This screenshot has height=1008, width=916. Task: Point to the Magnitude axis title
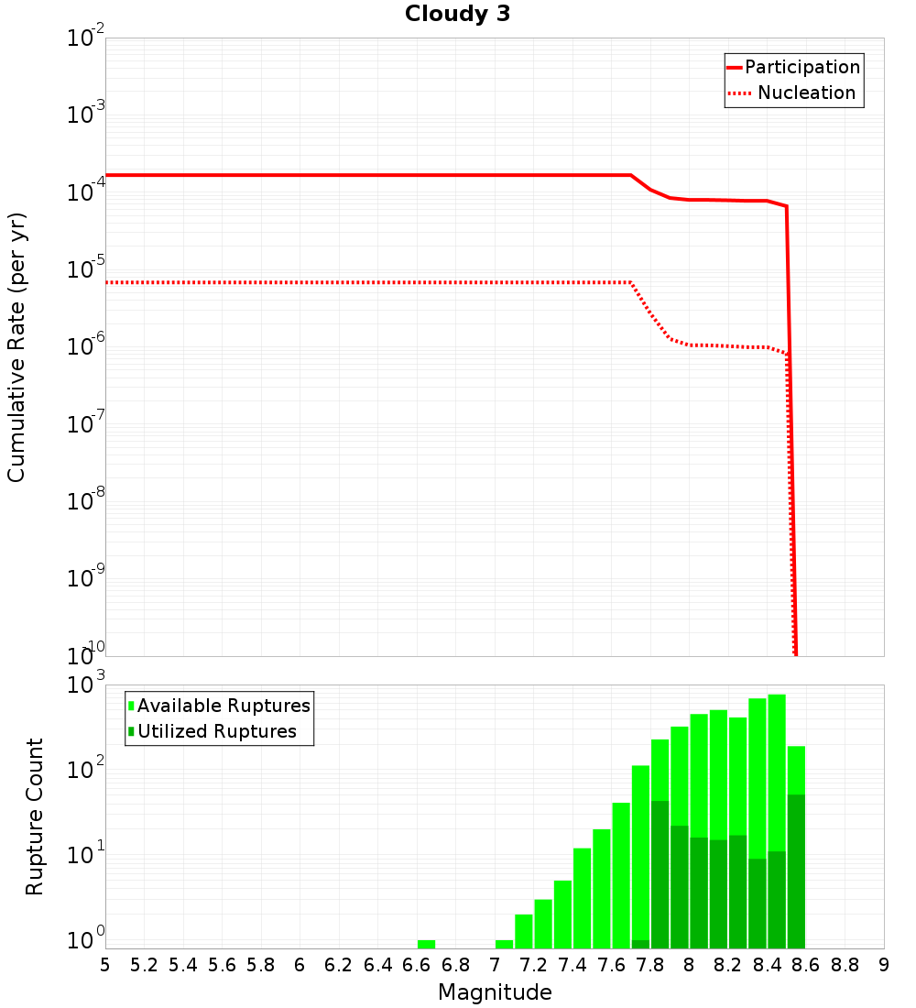coord(495,992)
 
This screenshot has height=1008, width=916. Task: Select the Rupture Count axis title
coord(35,816)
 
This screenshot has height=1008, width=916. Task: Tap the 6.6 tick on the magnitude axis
coord(417,965)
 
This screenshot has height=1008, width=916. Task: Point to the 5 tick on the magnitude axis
coord(105,965)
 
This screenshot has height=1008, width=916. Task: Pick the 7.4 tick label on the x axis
coord(572,965)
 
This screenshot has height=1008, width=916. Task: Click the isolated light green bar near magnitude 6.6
coord(426,944)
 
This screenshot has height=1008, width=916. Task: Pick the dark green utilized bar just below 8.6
coord(796,871)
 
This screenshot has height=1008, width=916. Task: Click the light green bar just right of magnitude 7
coord(504,944)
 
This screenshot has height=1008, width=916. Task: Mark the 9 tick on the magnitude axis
coord(883,965)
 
